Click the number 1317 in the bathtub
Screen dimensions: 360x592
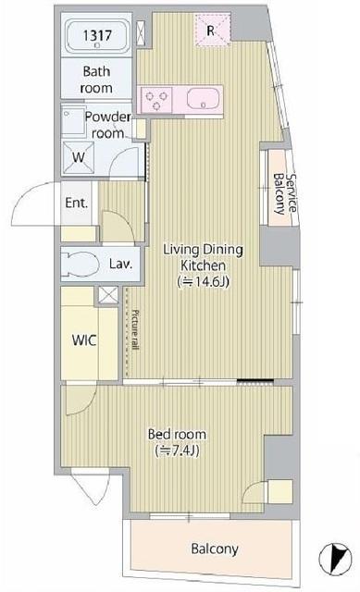click(x=97, y=35)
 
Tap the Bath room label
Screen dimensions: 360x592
click(x=96, y=80)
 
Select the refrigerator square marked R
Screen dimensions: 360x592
click(x=213, y=31)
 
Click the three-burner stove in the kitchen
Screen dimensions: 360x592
click(x=156, y=100)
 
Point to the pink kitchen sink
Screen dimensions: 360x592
click(x=204, y=99)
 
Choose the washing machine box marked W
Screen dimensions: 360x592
click(x=78, y=157)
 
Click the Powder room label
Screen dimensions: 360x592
click(x=107, y=125)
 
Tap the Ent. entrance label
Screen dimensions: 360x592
click(x=76, y=203)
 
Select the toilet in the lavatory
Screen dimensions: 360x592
click(x=81, y=264)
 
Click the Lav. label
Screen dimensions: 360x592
click(x=121, y=264)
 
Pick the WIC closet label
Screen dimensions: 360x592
click(x=84, y=340)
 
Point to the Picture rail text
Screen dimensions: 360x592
click(x=135, y=329)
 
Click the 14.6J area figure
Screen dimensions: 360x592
click(x=204, y=281)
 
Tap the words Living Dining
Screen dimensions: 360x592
click(x=203, y=250)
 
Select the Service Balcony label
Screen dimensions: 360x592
click(x=285, y=193)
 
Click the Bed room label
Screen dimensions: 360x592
click(x=177, y=434)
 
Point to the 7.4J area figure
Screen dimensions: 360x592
click(x=177, y=450)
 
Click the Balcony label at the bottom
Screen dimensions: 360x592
click(x=215, y=549)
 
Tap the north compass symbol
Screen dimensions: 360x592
click(x=335, y=558)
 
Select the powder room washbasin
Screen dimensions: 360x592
click(x=74, y=121)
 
